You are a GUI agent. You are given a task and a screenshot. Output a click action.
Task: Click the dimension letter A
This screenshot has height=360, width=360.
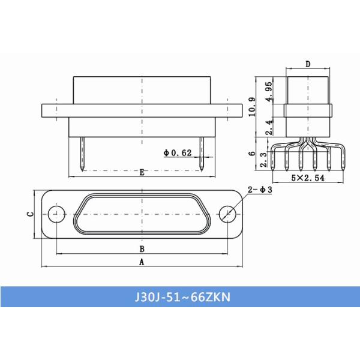[x=142, y=262]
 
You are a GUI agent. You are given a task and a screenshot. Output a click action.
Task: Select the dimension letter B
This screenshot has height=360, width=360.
[x=142, y=248]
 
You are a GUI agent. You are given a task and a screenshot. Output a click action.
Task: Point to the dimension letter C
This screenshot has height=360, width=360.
[x=30, y=213]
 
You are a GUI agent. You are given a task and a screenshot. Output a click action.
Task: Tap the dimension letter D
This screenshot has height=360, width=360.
[x=307, y=64]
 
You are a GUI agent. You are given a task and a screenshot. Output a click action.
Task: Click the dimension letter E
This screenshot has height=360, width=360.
[x=142, y=173]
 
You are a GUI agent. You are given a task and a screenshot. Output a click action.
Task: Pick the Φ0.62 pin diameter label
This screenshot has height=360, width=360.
[x=178, y=153]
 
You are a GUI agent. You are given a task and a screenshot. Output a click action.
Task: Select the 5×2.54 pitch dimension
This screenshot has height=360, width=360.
[x=307, y=178]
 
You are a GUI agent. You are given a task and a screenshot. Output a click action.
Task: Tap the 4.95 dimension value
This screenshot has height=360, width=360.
[x=269, y=91]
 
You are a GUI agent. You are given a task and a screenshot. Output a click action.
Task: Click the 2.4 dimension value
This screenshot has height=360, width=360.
[x=269, y=127]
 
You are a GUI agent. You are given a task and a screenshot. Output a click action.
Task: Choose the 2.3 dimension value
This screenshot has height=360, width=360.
[x=264, y=159]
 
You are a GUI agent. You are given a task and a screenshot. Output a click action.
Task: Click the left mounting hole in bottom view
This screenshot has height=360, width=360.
[x=56, y=213]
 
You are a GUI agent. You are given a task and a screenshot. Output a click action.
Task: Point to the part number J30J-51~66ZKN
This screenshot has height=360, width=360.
[x=180, y=297]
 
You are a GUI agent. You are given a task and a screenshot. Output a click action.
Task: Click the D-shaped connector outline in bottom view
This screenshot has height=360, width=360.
[x=142, y=213]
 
